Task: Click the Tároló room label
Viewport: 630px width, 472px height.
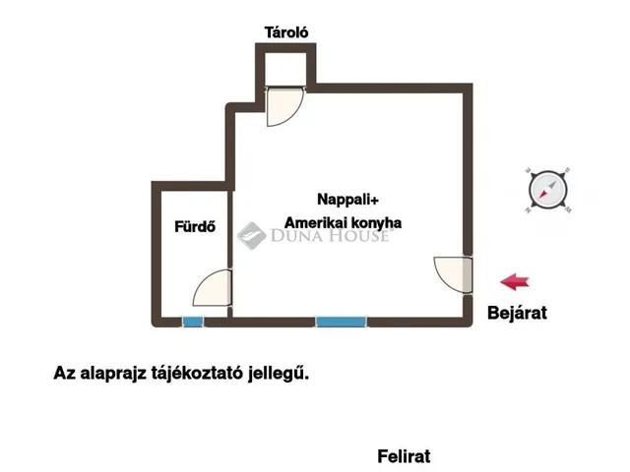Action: coord(287,32)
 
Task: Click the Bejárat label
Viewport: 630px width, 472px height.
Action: coord(517,314)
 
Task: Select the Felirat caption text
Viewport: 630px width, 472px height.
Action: coord(404,456)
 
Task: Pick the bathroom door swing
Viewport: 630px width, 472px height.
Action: coord(213,289)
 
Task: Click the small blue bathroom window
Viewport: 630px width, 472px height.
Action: coord(193,321)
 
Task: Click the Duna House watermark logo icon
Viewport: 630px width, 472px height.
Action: coord(250,233)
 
